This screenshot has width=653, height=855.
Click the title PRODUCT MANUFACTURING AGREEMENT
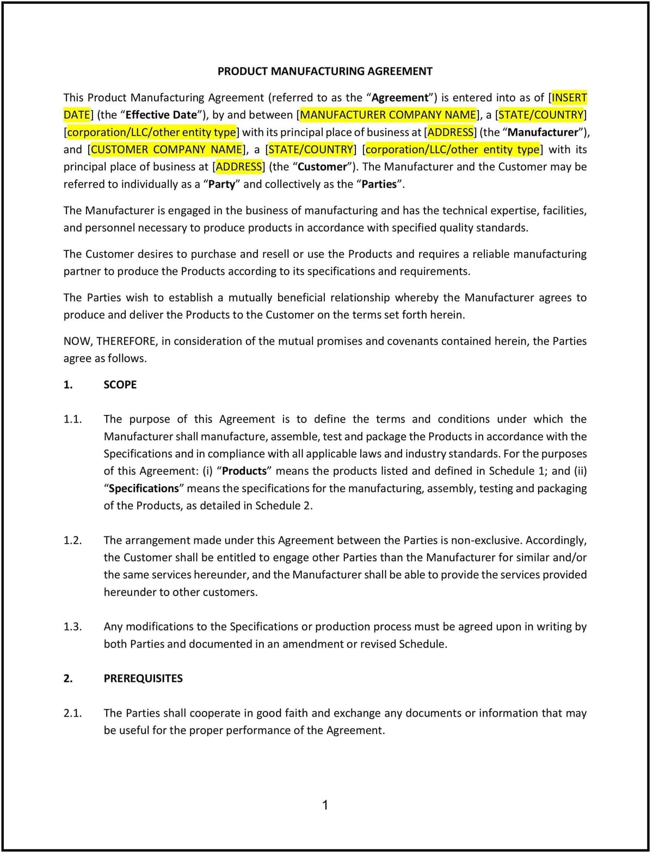pyautogui.click(x=325, y=71)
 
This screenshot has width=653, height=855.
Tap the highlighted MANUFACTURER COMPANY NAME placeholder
pyautogui.click(x=388, y=115)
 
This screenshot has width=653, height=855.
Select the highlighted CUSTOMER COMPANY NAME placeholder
pyautogui.click(x=167, y=150)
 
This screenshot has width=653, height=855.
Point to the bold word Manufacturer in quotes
pyautogui.click(x=542, y=132)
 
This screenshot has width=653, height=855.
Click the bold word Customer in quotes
pyautogui.click(x=322, y=167)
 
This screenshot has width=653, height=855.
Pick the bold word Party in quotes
pyautogui.click(x=221, y=185)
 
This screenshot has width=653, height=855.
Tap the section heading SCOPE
pyautogui.click(x=120, y=385)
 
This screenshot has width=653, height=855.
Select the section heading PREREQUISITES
pyautogui.click(x=143, y=679)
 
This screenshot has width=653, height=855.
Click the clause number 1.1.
pyautogui.click(x=72, y=419)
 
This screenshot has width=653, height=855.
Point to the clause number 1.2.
pyautogui.click(x=72, y=540)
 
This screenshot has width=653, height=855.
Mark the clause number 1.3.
pyautogui.click(x=72, y=627)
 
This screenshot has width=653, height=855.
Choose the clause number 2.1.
pyautogui.click(x=72, y=713)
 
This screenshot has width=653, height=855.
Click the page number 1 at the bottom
pyautogui.click(x=325, y=805)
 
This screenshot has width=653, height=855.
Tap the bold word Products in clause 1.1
pyautogui.click(x=244, y=471)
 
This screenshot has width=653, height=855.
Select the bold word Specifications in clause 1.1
pyautogui.click(x=144, y=488)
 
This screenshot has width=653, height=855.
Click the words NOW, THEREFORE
pyautogui.click(x=109, y=341)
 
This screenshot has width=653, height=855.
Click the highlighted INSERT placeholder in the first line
pyautogui.click(x=569, y=98)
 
